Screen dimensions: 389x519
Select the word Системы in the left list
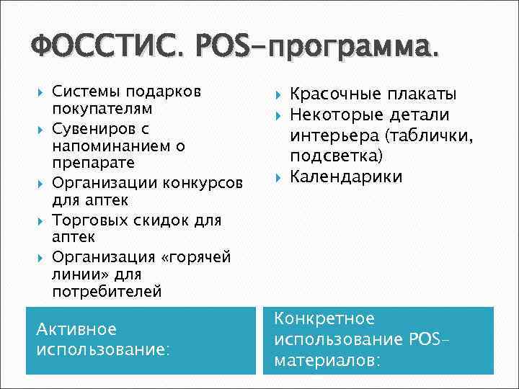[x=86, y=91]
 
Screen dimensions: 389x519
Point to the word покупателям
[x=102, y=109]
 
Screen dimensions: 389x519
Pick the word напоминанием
[x=110, y=146]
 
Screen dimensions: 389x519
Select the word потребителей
[x=107, y=292]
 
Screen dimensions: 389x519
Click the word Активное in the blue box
[x=76, y=329]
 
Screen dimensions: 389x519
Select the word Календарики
[x=346, y=176]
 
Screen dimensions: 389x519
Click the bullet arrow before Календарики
[x=278, y=176]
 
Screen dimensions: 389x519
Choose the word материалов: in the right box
[x=328, y=359]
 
